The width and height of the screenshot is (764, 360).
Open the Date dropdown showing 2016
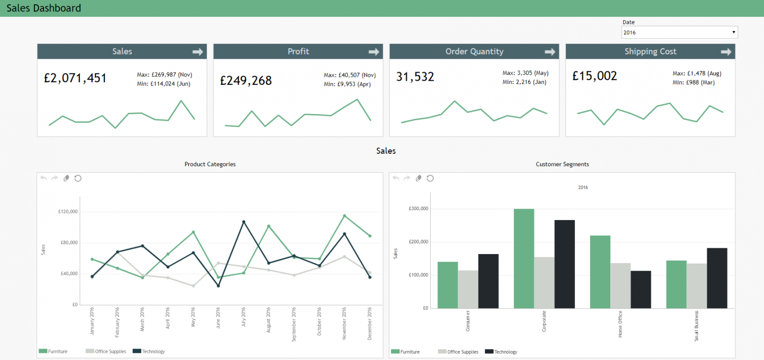point(679,32)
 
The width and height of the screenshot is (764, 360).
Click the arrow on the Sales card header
point(198,52)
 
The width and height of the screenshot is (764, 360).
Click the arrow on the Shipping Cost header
point(726,52)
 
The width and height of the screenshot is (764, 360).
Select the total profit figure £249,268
point(246,81)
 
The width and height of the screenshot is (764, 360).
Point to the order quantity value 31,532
point(415,77)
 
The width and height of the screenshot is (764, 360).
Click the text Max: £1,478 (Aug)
point(697,74)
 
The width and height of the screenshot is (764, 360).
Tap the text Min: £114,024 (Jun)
point(163,84)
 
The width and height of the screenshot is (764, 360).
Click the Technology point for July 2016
point(244,222)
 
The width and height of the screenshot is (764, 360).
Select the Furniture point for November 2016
point(344,216)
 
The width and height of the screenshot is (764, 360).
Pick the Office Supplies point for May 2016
point(193,286)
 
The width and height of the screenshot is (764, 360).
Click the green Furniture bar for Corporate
point(524,258)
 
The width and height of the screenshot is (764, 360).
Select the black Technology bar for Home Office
point(640,289)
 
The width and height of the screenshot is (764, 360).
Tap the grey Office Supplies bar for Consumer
point(468,289)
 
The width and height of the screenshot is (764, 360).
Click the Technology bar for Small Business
point(717,278)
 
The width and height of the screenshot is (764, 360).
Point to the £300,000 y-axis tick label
point(418,209)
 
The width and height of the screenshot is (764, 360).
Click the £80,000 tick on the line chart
point(69,243)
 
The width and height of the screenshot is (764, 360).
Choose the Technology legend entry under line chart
point(149,351)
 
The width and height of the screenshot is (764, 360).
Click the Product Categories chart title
point(210,164)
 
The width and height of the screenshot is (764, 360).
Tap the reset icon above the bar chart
point(430,178)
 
